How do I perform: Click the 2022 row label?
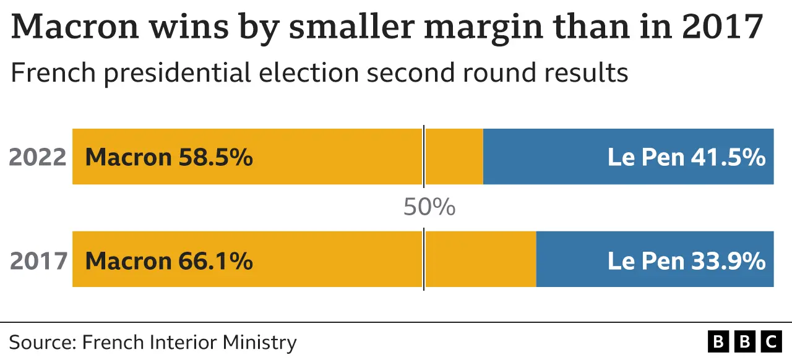pyautogui.click(x=38, y=157)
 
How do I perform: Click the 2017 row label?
pyautogui.click(x=38, y=260)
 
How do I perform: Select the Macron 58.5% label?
pyautogui.click(x=168, y=157)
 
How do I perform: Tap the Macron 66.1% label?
pyautogui.click(x=168, y=260)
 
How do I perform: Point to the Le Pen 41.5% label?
pyautogui.click(x=686, y=157)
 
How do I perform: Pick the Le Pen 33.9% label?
pyautogui.click(x=686, y=260)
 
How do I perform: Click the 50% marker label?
pyautogui.click(x=429, y=207)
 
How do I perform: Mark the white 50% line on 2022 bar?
pyautogui.click(x=424, y=156)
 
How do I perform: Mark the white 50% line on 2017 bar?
pyautogui.click(x=424, y=259)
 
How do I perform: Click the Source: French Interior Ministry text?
pyautogui.click(x=153, y=342)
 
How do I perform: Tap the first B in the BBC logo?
pyautogui.click(x=718, y=341)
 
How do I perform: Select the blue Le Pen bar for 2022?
pyautogui.click(x=628, y=156)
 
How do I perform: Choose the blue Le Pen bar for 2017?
pyautogui.click(x=655, y=259)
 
